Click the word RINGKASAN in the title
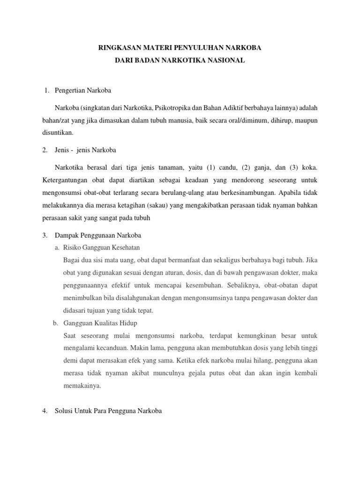point(115,48)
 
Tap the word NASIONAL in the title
point(226,61)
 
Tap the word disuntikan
point(58,133)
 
